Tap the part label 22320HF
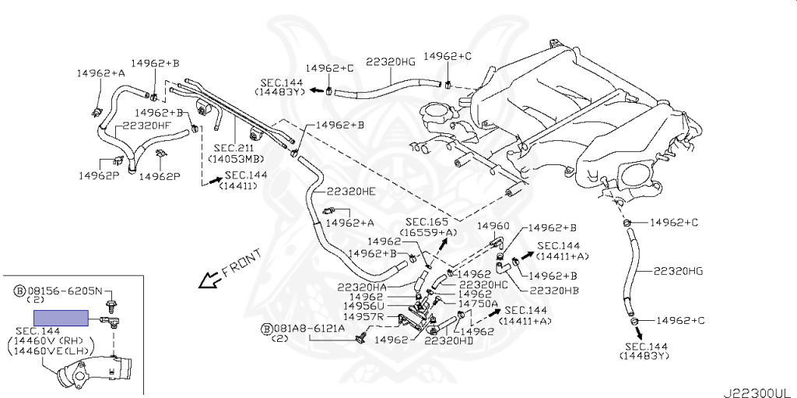click(x=142, y=125)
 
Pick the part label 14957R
click(x=367, y=318)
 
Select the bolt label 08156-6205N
click(x=63, y=290)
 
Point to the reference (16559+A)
click(x=429, y=232)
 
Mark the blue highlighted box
click(x=61, y=317)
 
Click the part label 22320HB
click(x=554, y=291)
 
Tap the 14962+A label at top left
click(x=100, y=73)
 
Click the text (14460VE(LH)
click(x=48, y=350)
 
